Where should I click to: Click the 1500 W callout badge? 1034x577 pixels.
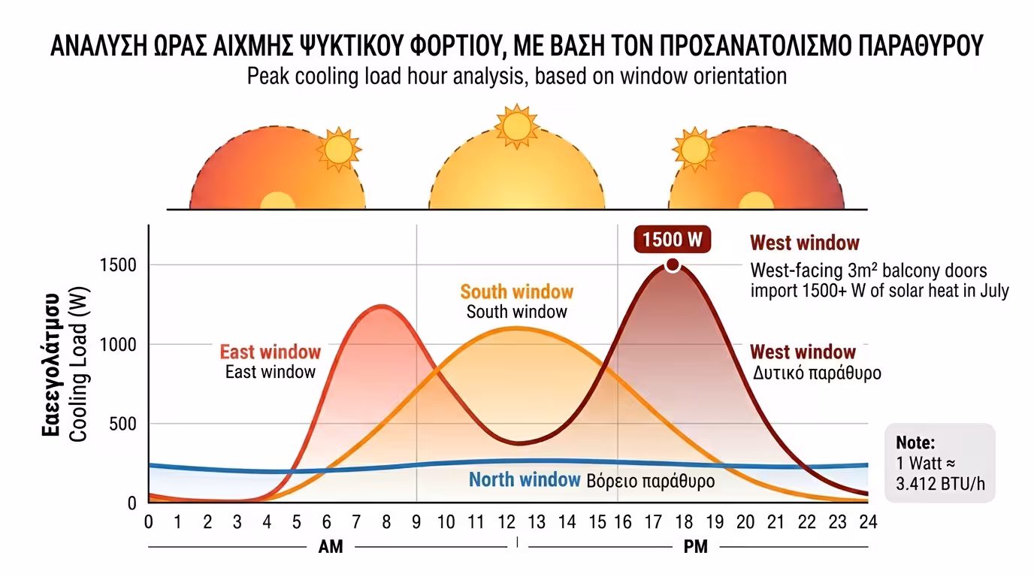pyautogui.click(x=672, y=240)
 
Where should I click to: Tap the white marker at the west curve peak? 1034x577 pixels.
pyautogui.click(x=673, y=264)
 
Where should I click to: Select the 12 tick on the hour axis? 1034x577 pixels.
pyautogui.click(x=506, y=521)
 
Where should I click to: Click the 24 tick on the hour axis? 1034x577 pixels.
pyautogui.click(x=868, y=521)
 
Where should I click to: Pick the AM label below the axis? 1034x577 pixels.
pyautogui.click(x=331, y=547)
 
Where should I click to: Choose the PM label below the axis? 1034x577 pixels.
pyautogui.click(x=696, y=547)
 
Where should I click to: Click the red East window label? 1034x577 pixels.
pyautogui.click(x=270, y=352)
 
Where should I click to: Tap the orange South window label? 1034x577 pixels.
pyautogui.click(x=516, y=292)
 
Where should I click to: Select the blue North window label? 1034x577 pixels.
pyautogui.click(x=525, y=479)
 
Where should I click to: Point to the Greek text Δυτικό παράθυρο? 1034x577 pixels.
pyautogui.click(x=817, y=373)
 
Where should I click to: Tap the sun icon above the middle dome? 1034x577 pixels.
pyautogui.click(x=516, y=126)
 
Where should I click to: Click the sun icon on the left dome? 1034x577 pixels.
pyautogui.click(x=338, y=149)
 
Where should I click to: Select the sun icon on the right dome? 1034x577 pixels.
pyautogui.click(x=694, y=148)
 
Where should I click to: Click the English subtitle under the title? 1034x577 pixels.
pyautogui.click(x=516, y=76)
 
